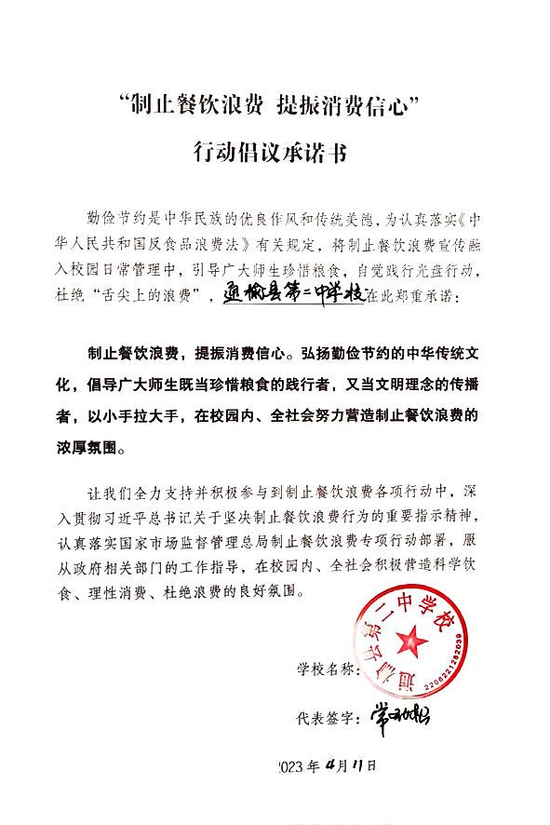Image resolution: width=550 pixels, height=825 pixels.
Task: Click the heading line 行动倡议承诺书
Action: click(275, 151)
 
